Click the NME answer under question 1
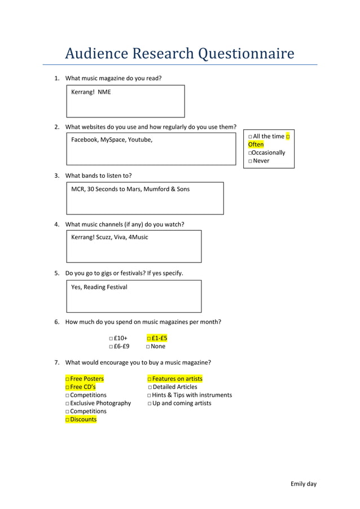point(104,92)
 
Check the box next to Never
point(250,161)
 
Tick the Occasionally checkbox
point(249,153)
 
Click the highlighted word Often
point(256,144)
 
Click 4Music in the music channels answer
point(138,237)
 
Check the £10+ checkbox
point(111,339)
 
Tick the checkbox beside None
point(148,346)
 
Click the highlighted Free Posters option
point(85,379)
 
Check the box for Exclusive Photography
point(67,403)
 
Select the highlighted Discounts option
point(81,419)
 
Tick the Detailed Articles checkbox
point(150,387)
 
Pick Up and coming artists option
point(150,403)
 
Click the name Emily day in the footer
point(304,484)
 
